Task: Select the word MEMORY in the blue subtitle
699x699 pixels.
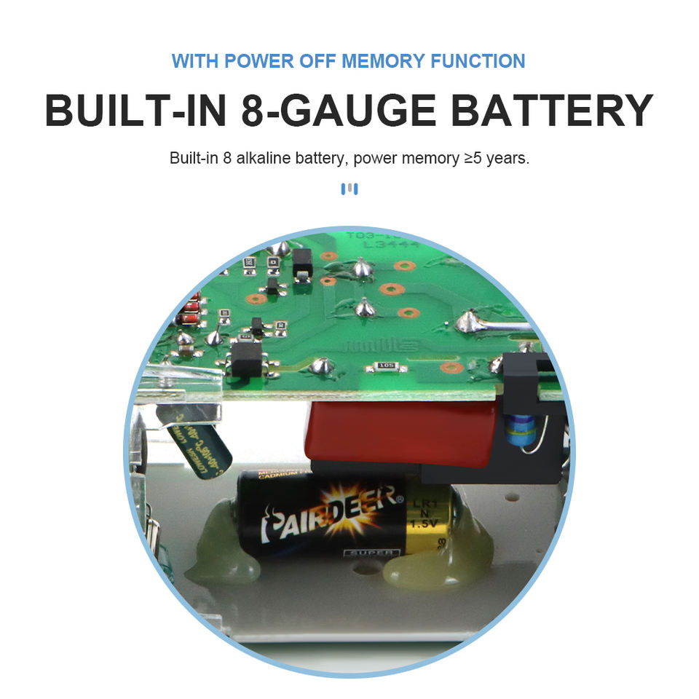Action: click(382, 60)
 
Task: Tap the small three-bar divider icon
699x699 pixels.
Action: click(349, 189)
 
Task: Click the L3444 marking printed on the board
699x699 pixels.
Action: click(393, 246)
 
